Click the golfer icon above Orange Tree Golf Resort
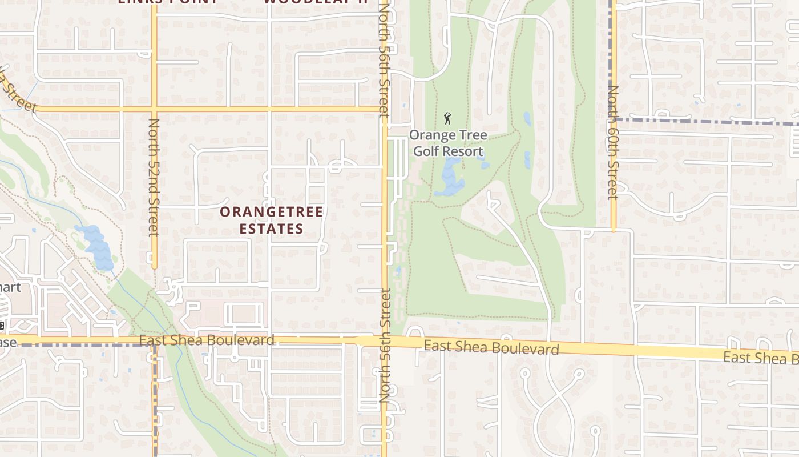tap(447, 119)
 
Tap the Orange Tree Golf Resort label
tap(448, 143)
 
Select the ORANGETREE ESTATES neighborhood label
tap(271, 220)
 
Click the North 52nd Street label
tap(153, 177)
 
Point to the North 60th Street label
tap(613, 142)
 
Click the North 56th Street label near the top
tap(384, 60)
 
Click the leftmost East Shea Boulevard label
tap(207, 340)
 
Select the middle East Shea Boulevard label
tap(491, 347)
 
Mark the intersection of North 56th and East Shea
tap(384, 341)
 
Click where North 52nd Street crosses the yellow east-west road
tap(154, 108)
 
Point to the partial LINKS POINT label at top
tap(168, 2)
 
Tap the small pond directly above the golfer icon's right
tap(527, 118)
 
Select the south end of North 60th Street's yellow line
tap(614, 230)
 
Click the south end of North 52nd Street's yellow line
tap(154, 267)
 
